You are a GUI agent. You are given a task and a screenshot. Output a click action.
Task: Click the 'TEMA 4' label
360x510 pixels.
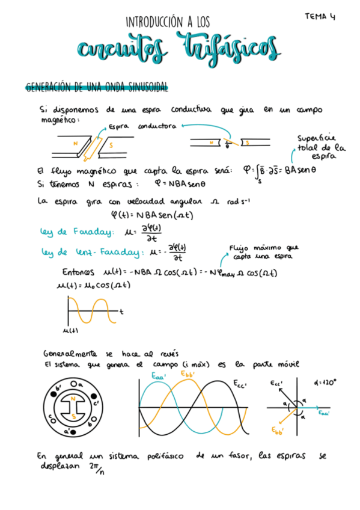click(320, 16)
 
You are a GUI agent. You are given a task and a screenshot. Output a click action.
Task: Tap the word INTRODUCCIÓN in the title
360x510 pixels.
click(154, 22)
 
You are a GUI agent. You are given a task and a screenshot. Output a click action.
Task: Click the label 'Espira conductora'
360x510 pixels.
click(142, 127)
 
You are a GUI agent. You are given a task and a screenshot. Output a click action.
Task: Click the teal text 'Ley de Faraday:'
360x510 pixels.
click(70, 232)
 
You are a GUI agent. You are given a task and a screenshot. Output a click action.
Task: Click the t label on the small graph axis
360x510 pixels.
click(121, 312)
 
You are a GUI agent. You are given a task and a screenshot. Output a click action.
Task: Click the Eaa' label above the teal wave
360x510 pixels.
click(159, 376)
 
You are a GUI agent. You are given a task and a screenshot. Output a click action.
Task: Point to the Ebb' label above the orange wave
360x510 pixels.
click(191, 373)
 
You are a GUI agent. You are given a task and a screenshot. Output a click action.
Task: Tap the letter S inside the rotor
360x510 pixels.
click(73, 416)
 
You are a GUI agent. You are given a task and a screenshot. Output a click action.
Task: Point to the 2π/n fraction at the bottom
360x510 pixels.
click(95, 467)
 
